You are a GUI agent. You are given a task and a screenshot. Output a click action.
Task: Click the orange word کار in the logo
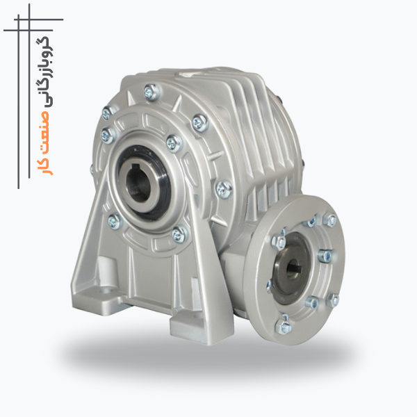pos(44,166)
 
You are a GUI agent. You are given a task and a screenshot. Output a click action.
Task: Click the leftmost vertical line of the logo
pos(19,101)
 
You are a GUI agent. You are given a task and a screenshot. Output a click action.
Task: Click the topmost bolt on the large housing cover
pos(151,91)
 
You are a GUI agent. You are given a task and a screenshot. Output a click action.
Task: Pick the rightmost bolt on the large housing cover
pos(224,189)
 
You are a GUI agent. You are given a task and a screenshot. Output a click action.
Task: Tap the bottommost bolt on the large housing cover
pos(179,234)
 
